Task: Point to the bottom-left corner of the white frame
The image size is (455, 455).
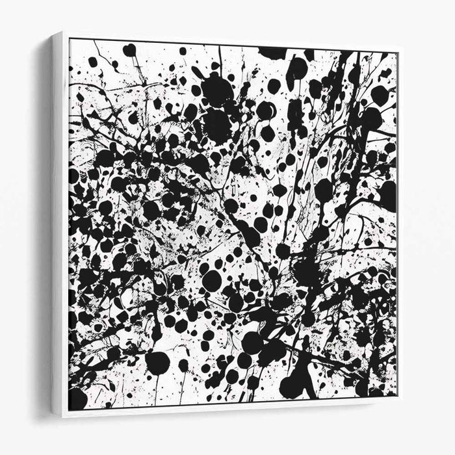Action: click(x=63, y=417)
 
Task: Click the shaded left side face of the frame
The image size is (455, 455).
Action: click(x=57, y=224)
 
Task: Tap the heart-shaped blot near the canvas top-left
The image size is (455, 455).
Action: click(x=129, y=49)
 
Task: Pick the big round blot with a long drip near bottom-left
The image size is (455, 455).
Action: click(x=157, y=363)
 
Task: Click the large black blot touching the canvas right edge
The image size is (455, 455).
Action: click(x=387, y=195)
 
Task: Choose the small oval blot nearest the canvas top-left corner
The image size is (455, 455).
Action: click(x=92, y=62)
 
